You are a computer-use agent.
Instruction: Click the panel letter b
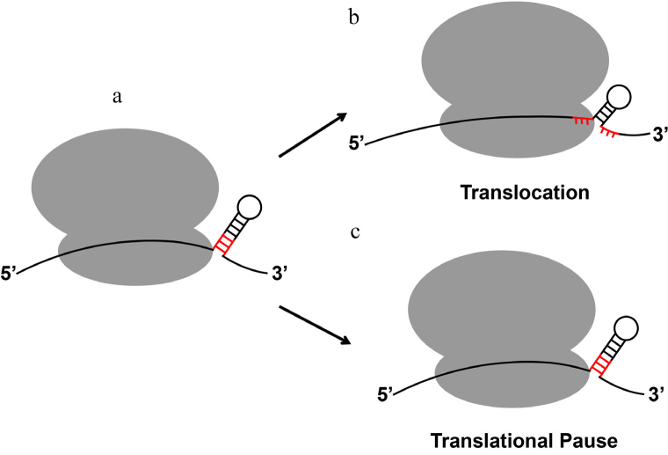(353, 18)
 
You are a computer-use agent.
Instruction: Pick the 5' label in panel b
(359, 138)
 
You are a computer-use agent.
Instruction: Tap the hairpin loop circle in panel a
(249, 209)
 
